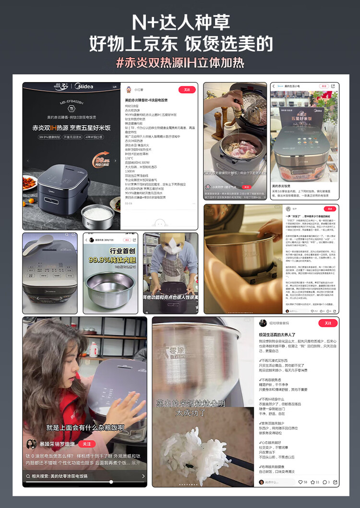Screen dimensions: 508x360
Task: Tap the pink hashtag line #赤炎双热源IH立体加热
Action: [180, 62]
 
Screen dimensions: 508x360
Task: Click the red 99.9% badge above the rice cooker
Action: [103, 161]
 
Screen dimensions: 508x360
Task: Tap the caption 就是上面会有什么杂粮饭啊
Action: [85, 427]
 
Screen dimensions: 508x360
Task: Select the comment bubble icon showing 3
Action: [325, 482]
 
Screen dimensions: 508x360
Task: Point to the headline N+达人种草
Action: [180, 23]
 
